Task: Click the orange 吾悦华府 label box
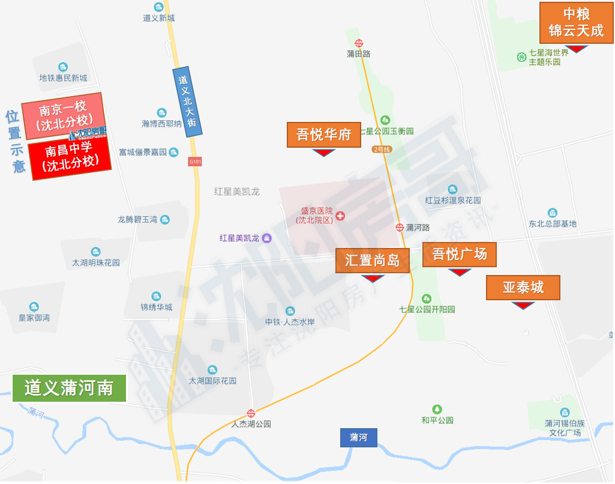[x=324, y=135]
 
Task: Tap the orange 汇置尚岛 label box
[x=372, y=260]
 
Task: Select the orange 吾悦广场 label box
[x=460, y=255]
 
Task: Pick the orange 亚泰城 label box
[x=523, y=288]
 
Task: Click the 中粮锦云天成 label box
[x=576, y=23]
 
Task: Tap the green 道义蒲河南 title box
[x=69, y=388]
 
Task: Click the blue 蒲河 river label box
[x=359, y=437]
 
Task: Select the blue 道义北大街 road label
[x=188, y=101]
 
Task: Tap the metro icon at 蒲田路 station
[x=359, y=43]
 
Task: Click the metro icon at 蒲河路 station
[x=400, y=227]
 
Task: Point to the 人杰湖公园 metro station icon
[x=251, y=413]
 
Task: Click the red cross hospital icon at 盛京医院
[x=340, y=216]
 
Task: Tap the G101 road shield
[x=195, y=161]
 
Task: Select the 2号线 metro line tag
[x=382, y=149]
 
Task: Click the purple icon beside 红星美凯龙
[x=267, y=238]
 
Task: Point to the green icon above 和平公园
[x=437, y=409]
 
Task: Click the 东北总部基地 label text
[x=552, y=224]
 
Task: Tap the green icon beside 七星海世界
[x=521, y=57]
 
